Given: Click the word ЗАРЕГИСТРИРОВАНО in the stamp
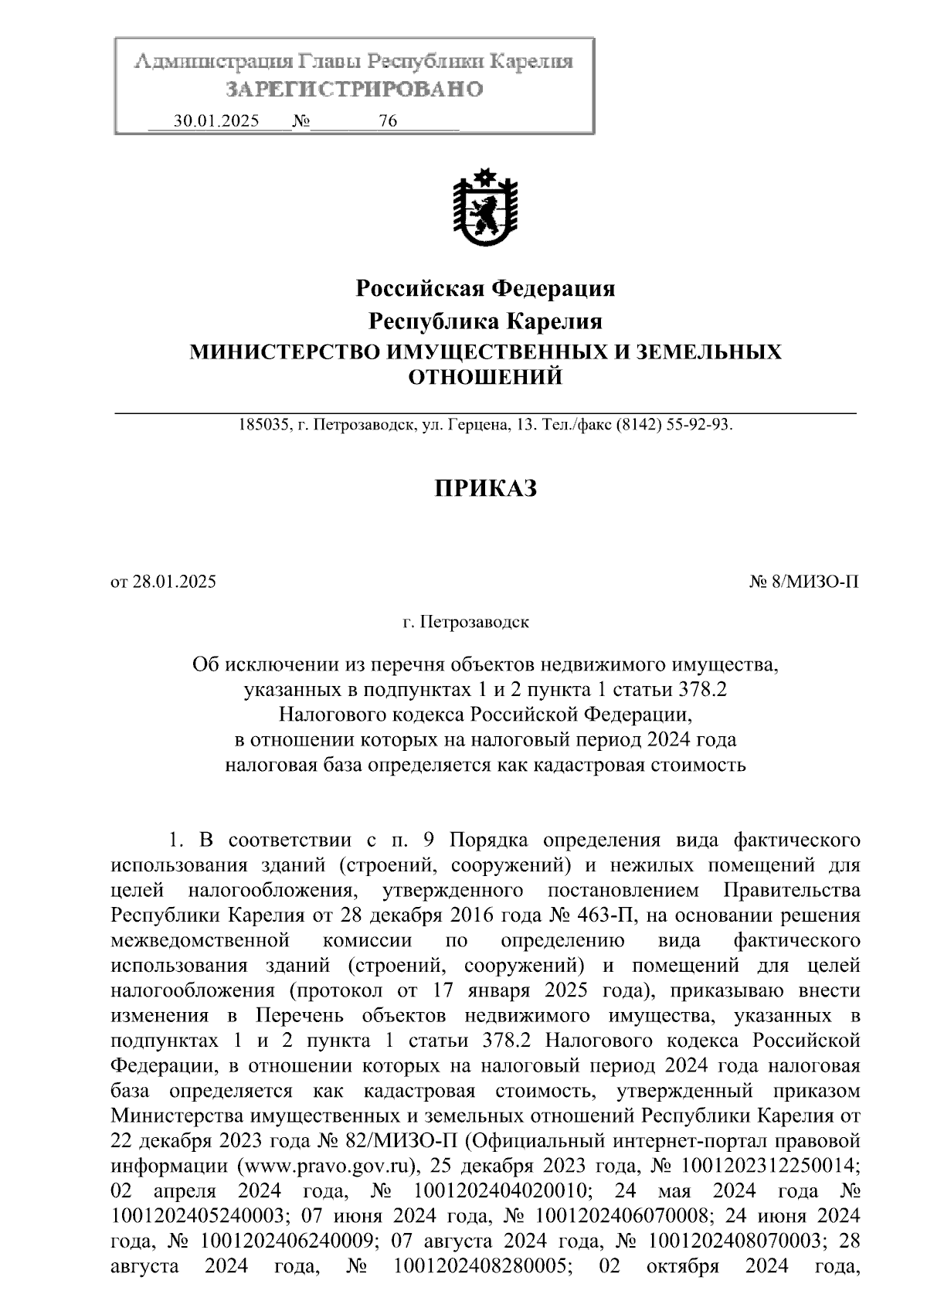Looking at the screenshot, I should click(x=354, y=90).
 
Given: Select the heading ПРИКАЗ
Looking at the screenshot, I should click(x=484, y=488).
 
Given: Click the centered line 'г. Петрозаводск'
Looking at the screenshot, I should click(x=465, y=621).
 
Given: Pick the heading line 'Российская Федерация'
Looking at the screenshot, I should click(x=485, y=288).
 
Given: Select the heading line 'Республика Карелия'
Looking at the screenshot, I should click(x=485, y=320).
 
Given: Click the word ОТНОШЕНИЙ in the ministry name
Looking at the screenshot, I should click(x=484, y=378).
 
